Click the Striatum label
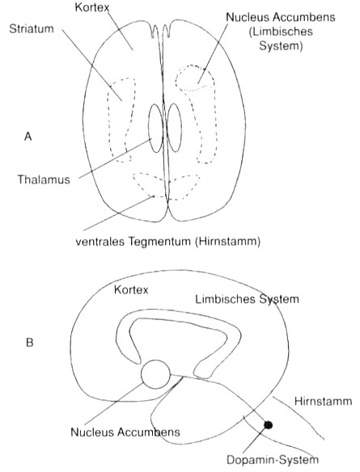(x=32, y=29)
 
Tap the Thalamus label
(x=44, y=179)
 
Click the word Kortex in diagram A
(x=92, y=7)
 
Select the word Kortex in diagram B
(x=131, y=289)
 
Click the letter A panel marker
(x=28, y=137)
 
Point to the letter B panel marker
(x=29, y=343)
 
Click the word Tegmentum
(x=159, y=242)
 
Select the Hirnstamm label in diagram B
(x=323, y=401)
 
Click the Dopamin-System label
(x=273, y=460)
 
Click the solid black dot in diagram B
(x=268, y=425)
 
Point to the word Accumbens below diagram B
(x=149, y=432)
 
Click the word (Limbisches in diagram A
(x=281, y=32)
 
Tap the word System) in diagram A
(x=281, y=46)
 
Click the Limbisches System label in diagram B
(x=247, y=299)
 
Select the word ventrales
(x=100, y=242)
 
